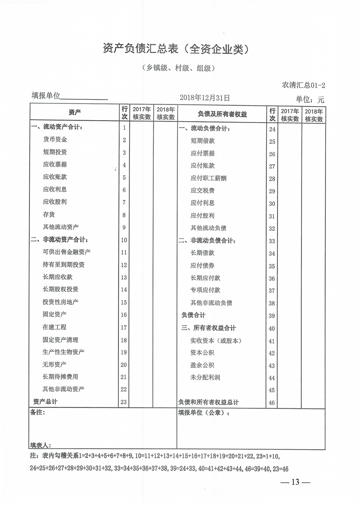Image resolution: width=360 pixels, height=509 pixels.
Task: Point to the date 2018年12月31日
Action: [205, 98]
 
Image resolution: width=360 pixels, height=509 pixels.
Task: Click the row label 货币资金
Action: [55, 140]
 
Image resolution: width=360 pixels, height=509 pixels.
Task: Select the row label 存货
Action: [49, 215]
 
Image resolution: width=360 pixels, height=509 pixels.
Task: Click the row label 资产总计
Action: [45, 401]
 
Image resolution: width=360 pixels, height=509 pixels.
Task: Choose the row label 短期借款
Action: [202, 141]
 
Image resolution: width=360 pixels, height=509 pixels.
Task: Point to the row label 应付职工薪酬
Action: [208, 178]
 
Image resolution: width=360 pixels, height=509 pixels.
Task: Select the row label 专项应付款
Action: [205, 290]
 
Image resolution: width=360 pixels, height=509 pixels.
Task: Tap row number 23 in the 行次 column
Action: [124, 402]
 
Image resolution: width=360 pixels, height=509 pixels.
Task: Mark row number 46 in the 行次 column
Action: [272, 403]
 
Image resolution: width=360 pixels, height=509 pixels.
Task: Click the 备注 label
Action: [38, 413]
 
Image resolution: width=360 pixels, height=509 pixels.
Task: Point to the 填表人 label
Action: [41, 445]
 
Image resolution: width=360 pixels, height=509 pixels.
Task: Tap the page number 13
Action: [296, 482]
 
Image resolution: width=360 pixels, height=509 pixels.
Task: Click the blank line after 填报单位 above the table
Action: [84, 98]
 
